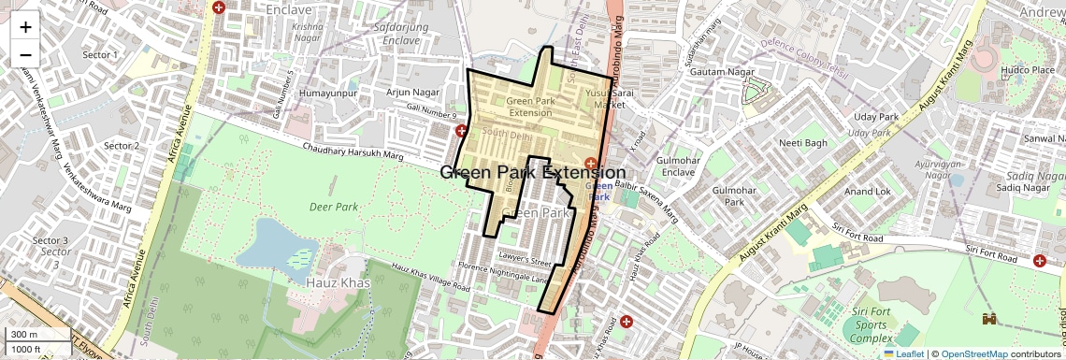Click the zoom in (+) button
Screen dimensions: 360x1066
click(25, 26)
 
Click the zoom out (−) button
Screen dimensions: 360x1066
click(25, 54)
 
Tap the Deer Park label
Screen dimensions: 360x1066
click(335, 207)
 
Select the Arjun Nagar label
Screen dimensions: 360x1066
click(412, 92)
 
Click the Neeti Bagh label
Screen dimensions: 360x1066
click(803, 143)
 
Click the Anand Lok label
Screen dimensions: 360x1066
click(867, 191)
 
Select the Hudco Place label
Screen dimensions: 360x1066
click(1028, 69)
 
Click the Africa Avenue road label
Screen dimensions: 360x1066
click(177, 133)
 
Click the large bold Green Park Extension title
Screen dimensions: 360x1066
click(532, 173)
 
